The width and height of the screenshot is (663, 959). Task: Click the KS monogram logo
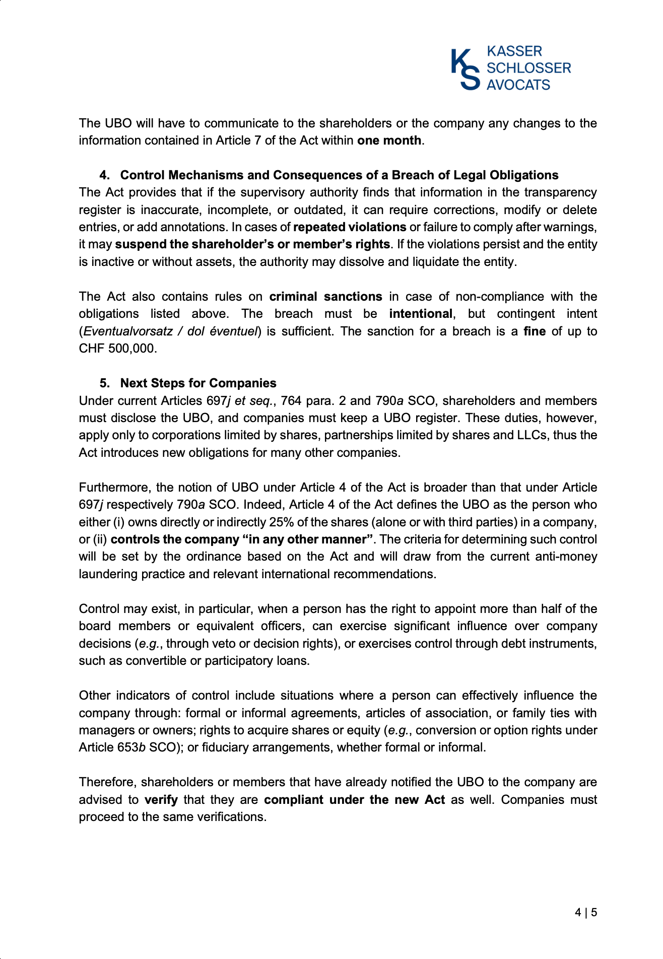pos(465,69)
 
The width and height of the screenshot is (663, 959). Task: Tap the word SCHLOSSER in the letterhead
pos(528,68)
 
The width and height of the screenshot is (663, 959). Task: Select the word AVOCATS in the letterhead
pos(518,85)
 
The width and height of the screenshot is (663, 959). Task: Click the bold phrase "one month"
pos(389,141)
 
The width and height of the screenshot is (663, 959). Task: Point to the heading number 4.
pos(104,175)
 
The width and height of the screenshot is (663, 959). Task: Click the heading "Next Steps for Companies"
pos(198,383)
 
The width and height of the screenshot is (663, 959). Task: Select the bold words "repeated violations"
pos(350,227)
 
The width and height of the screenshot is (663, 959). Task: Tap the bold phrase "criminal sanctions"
pos(325,297)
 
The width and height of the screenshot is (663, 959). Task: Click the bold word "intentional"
pos(421,314)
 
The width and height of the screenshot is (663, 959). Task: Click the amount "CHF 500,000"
pos(117,349)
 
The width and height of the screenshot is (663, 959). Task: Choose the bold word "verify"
pos(161,800)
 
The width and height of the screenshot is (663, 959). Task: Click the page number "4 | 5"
pos(586,912)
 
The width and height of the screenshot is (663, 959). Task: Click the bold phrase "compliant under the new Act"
pos(354,800)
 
